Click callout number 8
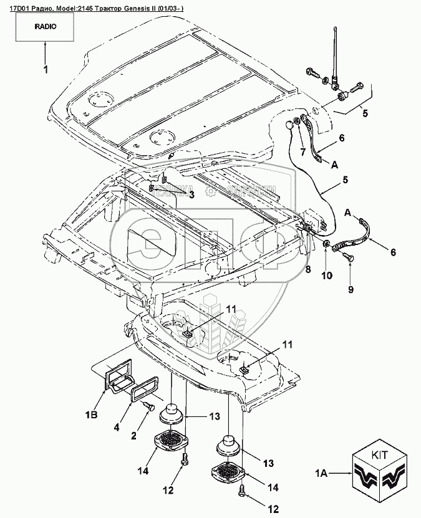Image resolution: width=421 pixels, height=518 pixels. pos(307,269)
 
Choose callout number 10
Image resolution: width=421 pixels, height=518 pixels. pos(324,274)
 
